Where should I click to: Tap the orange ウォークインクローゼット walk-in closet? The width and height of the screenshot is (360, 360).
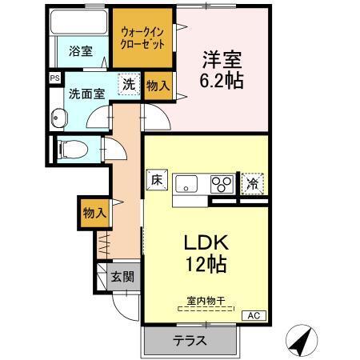coord(142,38)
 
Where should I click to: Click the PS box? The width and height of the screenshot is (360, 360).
coord(54,78)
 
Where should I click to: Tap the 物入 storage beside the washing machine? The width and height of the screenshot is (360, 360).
coord(158,86)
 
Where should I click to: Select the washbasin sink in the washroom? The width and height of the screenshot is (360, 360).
coord(58,118)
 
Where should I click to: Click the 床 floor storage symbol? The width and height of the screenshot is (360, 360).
coord(156,182)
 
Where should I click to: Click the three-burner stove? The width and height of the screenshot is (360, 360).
coord(222,183)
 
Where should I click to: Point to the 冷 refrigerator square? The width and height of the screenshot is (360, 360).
coord(253,183)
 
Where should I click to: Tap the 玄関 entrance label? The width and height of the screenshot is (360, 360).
coord(122,278)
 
